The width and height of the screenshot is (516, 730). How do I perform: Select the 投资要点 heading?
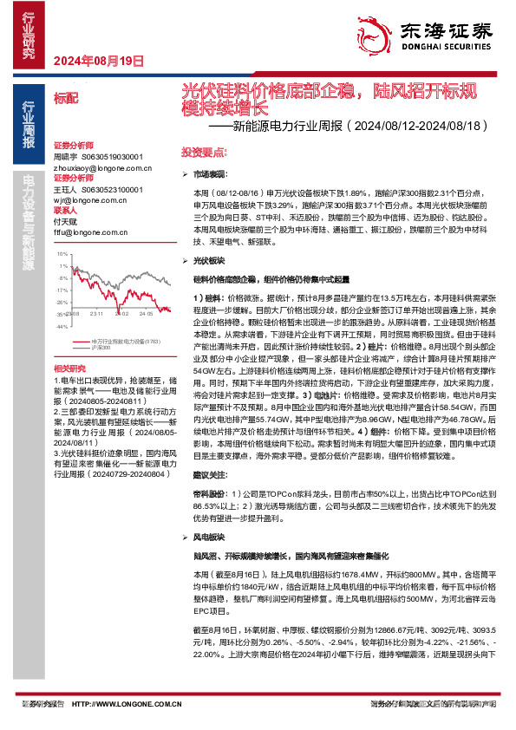pyautogui.click(x=199, y=151)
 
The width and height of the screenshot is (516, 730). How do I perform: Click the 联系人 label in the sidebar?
pyautogui.click(x=67, y=211)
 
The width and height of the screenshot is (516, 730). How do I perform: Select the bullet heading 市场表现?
pyautogui.click(x=209, y=175)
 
